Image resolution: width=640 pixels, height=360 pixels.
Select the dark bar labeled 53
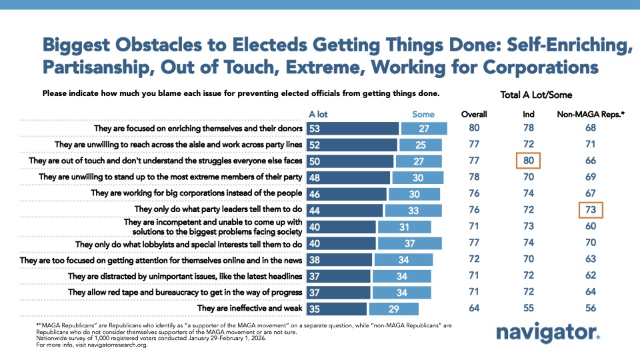[x=352, y=128]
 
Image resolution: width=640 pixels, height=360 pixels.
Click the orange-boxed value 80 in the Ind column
[x=527, y=161]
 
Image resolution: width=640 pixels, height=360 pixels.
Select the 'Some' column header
[x=423, y=114]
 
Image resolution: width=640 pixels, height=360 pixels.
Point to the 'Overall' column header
[x=474, y=114]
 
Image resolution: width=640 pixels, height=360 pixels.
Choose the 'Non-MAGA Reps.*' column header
[x=590, y=114]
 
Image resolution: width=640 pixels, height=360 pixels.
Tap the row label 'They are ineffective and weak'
[x=251, y=308]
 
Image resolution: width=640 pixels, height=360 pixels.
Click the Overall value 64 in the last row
[x=474, y=308]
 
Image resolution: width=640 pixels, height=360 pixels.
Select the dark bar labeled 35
[x=337, y=308]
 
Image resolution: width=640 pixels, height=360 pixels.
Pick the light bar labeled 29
[x=393, y=308]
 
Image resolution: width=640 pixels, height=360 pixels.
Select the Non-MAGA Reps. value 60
[x=591, y=227]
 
